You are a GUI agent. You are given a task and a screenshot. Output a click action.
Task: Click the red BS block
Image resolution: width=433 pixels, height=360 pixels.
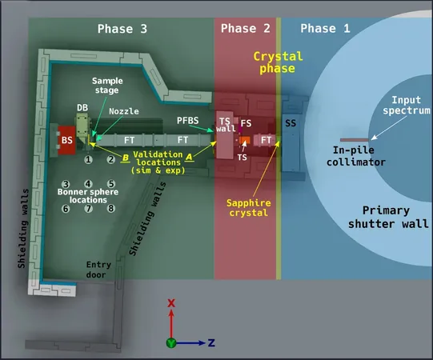coord(66,140)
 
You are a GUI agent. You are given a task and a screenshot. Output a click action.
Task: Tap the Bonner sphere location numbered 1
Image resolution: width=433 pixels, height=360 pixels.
coord(88,159)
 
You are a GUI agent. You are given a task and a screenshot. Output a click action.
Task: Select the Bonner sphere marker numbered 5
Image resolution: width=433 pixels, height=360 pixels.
coord(111,183)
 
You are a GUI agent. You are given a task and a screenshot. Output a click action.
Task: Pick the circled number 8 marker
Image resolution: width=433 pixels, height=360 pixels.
coord(111,208)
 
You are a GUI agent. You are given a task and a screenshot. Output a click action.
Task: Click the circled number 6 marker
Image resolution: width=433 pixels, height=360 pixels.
coord(66,209)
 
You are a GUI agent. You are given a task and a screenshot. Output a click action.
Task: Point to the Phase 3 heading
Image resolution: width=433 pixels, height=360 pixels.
coord(122,29)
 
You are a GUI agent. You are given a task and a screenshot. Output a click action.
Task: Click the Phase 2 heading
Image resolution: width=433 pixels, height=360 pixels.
coord(245,28)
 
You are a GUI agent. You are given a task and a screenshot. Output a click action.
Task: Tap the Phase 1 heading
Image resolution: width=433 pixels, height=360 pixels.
coord(325,28)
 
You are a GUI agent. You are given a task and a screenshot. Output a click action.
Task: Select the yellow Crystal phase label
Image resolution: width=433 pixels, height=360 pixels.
coord(278,62)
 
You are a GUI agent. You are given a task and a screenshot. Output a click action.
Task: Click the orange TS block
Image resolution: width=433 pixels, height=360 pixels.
coord(245,140)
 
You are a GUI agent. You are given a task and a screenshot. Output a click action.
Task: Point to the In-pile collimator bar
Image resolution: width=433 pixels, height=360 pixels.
coord(355,140)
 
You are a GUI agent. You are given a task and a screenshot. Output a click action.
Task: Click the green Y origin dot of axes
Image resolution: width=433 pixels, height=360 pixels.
coord(171,343)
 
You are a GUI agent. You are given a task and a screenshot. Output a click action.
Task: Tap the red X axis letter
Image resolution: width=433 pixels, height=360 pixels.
coord(171,303)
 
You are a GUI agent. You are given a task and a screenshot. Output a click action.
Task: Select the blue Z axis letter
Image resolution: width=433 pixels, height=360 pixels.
coord(211,343)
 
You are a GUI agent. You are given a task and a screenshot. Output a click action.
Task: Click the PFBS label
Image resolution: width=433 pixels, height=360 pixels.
coord(188,120)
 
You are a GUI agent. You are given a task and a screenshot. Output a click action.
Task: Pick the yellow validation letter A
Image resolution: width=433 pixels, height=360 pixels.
coord(189,157)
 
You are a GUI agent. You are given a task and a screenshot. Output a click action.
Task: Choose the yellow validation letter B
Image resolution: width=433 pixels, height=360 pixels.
coord(126,158)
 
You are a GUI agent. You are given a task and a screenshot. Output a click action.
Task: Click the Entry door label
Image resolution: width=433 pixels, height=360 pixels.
coord(98,270)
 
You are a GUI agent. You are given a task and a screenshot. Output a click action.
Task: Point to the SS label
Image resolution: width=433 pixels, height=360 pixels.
coord(291,123)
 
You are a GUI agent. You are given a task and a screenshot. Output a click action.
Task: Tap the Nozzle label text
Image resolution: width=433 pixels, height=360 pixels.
coord(124,111)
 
